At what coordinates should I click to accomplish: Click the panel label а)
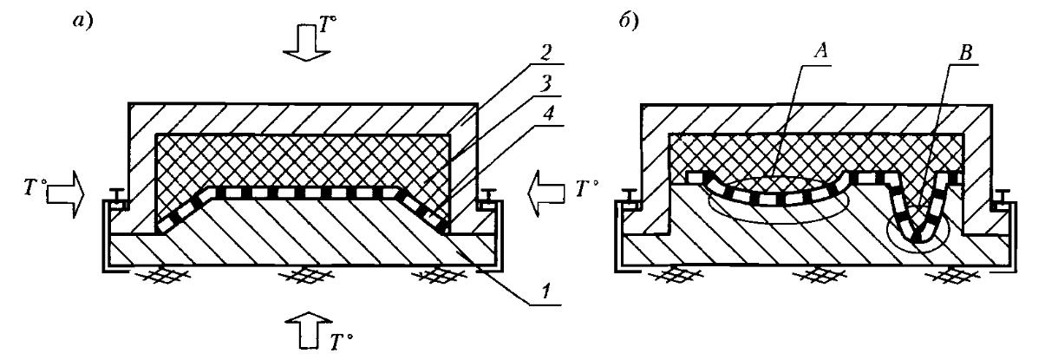pos(82,22)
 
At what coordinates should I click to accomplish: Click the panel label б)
pos(628,22)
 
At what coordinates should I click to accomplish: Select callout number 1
pos(545,291)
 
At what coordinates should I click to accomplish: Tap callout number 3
pos(545,84)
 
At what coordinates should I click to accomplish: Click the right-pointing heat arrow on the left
pos(66,194)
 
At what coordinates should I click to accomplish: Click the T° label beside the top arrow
pos(328,26)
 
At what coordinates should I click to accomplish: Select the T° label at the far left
pos(34,187)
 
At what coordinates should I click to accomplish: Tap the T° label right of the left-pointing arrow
pos(587,188)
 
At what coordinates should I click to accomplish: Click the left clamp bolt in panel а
pos(117,197)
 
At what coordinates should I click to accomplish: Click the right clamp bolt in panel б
pos(1003,198)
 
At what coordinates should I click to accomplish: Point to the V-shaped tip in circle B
pos(918,239)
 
